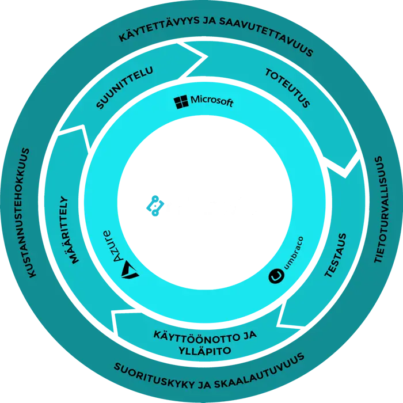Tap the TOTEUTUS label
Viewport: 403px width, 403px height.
tap(287, 88)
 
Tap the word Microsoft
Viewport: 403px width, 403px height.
tap(212, 102)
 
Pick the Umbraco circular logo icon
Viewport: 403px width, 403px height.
tap(275, 277)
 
